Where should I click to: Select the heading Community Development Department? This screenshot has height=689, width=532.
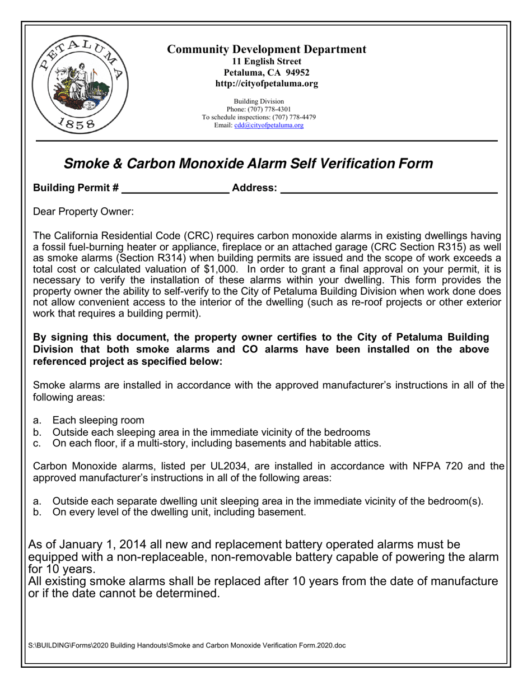267,49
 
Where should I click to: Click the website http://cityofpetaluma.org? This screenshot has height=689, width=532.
267,83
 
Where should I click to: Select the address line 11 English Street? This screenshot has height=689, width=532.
267,61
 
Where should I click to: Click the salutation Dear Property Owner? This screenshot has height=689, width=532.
83,212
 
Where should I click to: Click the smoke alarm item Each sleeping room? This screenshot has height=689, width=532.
98,420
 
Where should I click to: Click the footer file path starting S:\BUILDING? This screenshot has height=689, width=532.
186,645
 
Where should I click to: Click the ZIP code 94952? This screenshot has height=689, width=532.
297,72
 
